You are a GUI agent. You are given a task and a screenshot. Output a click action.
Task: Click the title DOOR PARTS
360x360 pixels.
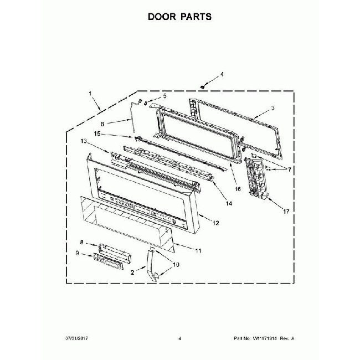[179, 17]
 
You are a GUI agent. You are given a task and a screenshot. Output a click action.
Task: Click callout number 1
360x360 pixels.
[90, 94]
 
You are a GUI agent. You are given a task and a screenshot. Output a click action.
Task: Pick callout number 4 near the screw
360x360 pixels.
[222, 74]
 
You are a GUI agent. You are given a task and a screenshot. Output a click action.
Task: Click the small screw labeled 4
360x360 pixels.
[204, 86]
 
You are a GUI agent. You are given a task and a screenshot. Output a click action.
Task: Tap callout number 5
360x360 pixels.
[164, 96]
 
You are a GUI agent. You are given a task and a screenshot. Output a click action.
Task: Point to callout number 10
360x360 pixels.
[176, 264]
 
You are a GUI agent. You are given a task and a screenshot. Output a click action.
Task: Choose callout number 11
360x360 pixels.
[198, 250]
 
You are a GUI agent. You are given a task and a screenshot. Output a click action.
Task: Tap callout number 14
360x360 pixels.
[228, 204]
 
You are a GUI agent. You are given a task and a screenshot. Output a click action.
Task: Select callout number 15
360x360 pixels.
[96, 133]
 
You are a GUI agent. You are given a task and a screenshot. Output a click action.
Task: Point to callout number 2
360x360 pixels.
[133, 272]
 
